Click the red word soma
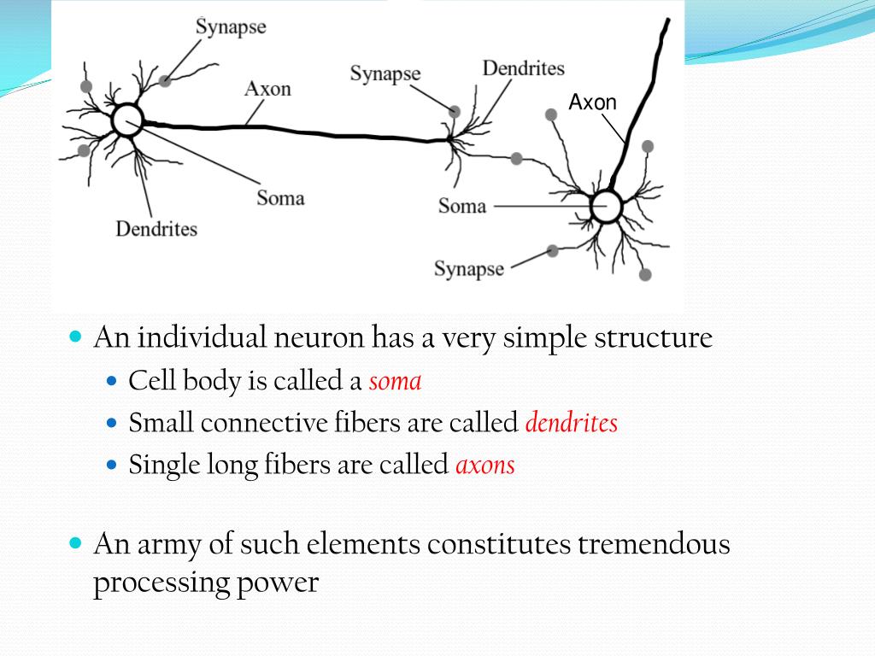(395, 381)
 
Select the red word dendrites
(571, 423)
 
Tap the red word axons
(484, 466)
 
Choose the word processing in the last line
(155, 583)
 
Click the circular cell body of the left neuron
(126, 120)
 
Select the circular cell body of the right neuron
(606, 207)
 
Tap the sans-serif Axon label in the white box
(592, 103)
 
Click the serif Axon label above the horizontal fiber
(267, 89)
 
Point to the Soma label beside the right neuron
(461, 206)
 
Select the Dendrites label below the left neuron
(156, 229)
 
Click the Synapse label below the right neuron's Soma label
(468, 269)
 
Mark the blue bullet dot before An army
(74, 542)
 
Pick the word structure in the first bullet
(660, 338)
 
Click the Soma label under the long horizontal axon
(280, 198)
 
